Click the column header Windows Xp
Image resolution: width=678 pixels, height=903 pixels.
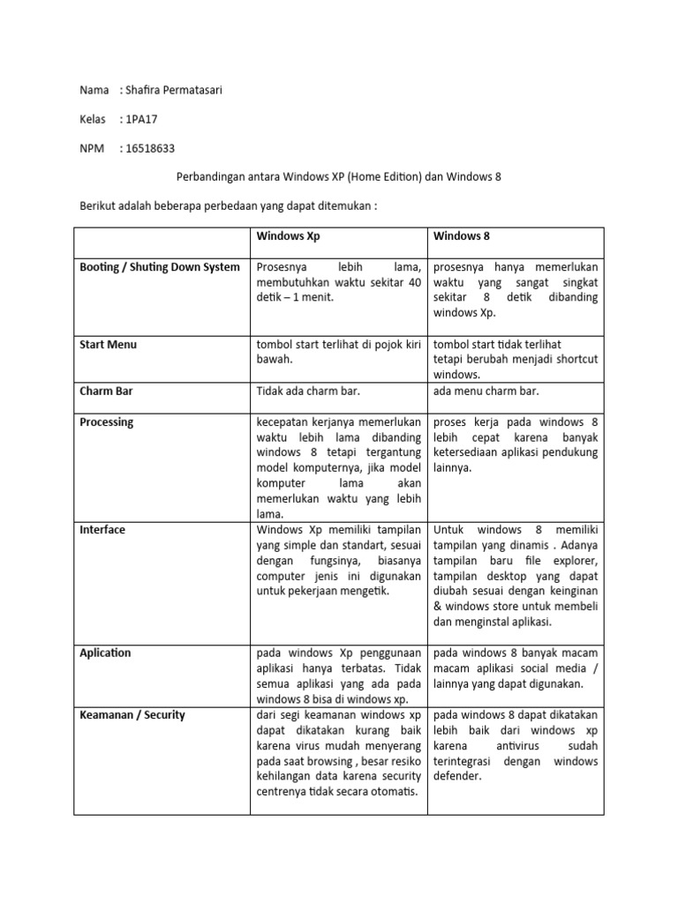(282, 236)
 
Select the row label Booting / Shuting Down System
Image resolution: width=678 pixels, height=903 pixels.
(160, 267)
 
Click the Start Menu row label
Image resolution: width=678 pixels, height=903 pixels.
(108, 344)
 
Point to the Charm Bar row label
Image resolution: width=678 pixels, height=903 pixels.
(106, 391)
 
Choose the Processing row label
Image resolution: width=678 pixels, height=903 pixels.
(107, 422)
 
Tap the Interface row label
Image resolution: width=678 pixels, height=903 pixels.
(102, 530)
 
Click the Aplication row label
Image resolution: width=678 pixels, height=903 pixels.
(105, 653)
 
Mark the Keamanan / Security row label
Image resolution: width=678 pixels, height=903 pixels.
(132, 714)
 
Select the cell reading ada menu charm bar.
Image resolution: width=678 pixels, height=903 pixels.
(486, 391)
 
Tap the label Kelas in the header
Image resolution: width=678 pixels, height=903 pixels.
(93, 119)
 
